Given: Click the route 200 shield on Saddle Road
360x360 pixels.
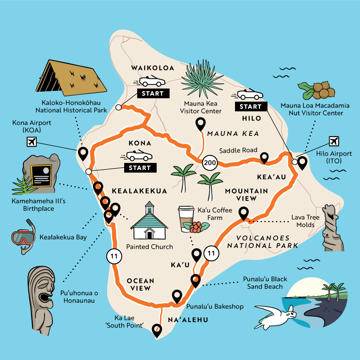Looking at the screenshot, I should pyautogui.click(x=210, y=162).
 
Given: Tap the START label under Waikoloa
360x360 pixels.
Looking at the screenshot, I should pyautogui.click(x=152, y=93).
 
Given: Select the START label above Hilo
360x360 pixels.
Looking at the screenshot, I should pyautogui.click(x=250, y=107).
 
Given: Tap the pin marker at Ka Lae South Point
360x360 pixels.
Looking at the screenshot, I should pyautogui.click(x=157, y=330).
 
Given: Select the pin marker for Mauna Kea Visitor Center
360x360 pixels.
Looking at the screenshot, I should pyautogui.click(x=201, y=124).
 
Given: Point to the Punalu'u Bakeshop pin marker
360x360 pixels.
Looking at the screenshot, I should pyautogui.click(x=177, y=296).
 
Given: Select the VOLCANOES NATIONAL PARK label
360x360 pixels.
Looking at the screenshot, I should pyautogui.click(x=262, y=242).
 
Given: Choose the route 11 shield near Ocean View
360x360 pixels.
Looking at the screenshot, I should pyautogui.click(x=114, y=256).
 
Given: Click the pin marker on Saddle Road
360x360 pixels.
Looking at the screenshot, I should pyautogui.click(x=264, y=158).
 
